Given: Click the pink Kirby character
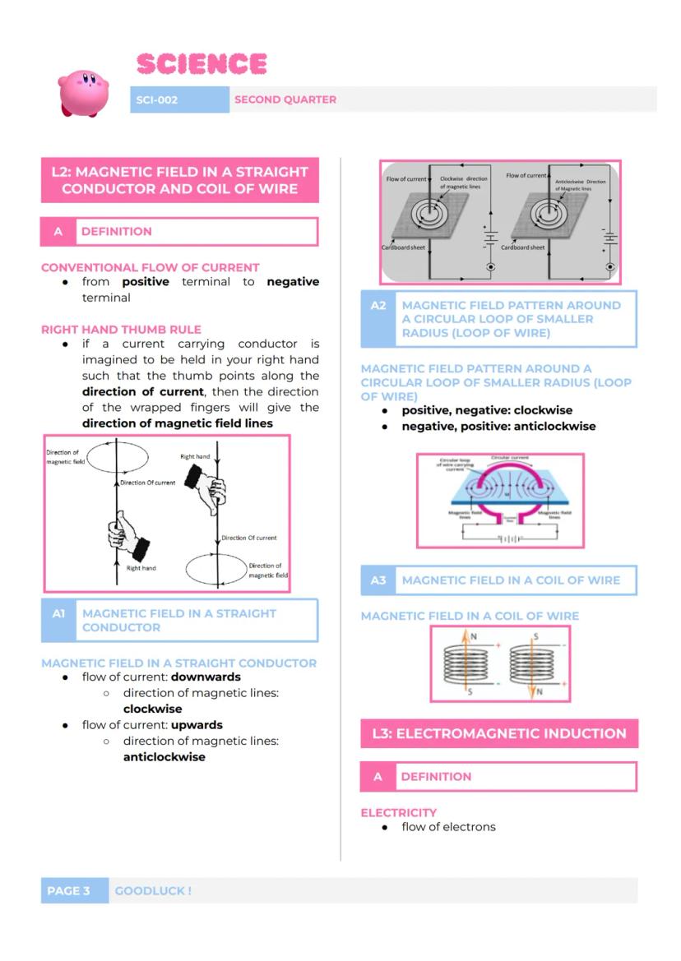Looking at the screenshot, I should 83,91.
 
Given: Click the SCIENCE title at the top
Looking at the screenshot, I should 202,64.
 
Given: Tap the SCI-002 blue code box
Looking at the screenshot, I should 157,99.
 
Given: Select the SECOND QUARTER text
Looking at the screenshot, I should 285,99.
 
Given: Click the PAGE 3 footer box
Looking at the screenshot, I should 74,890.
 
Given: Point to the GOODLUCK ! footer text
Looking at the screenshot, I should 154,890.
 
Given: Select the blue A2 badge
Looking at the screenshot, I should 378,305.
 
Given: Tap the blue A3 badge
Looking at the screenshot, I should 378,580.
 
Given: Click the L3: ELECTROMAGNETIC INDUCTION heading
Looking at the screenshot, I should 499,733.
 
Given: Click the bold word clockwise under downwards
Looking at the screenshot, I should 152,709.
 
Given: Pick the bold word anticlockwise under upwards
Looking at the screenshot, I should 164,757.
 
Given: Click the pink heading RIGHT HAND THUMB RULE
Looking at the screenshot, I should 121,330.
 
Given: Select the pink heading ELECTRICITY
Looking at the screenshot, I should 399,812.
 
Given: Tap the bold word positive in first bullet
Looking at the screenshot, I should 146,282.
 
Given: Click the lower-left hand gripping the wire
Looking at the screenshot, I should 125,534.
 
